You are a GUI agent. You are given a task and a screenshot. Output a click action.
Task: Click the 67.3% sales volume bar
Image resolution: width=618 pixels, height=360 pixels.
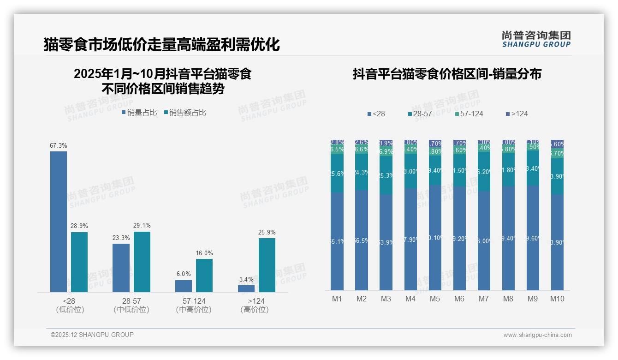click(x=59, y=222)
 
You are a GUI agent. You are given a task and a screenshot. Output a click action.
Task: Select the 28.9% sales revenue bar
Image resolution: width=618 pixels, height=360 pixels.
click(x=79, y=262)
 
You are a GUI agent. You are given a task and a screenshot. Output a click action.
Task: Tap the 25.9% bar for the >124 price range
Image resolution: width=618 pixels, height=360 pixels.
click(x=267, y=265)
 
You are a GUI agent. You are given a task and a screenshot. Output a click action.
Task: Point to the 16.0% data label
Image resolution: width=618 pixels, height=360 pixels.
click(x=204, y=253)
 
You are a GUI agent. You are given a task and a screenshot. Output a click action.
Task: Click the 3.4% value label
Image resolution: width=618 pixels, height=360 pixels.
click(x=246, y=279)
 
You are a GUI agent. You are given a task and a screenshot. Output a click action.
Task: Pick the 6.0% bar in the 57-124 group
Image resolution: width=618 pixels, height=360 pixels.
click(x=184, y=286)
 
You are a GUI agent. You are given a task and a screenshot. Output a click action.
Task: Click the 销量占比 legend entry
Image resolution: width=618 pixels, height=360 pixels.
click(x=139, y=112)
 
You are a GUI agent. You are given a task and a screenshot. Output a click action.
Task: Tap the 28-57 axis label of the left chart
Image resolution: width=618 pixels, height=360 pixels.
click(x=131, y=301)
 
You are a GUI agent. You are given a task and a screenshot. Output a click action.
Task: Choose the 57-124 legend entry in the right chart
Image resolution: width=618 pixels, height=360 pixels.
click(x=469, y=114)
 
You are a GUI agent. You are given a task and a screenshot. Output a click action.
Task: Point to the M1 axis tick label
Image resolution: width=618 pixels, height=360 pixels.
click(x=337, y=299)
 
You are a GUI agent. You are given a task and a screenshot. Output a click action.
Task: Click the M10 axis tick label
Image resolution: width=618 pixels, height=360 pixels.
click(x=557, y=299)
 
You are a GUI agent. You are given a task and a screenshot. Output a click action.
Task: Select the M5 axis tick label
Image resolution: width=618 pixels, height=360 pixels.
click(x=435, y=299)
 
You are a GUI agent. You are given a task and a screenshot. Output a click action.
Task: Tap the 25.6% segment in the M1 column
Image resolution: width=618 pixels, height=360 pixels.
click(x=337, y=174)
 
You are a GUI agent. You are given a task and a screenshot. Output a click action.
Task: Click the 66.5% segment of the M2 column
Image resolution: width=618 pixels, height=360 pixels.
click(x=362, y=240)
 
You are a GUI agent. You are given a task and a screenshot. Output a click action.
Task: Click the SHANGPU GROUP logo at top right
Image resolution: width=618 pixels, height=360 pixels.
click(x=536, y=39)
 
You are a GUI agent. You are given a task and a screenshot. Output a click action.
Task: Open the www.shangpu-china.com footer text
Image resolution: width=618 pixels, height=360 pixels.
click(x=537, y=335)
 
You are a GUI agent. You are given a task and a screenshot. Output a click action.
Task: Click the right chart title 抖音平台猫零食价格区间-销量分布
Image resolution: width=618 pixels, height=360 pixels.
click(x=447, y=74)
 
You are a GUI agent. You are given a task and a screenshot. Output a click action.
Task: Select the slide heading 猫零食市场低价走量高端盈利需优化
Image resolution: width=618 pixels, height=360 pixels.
click(x=161, y=45)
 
